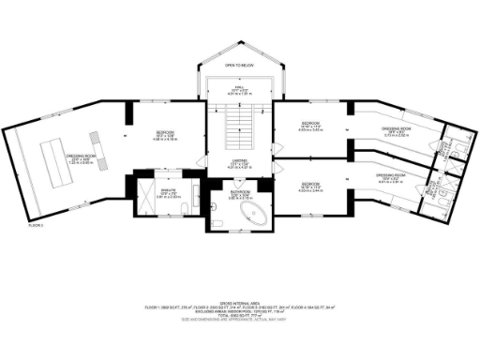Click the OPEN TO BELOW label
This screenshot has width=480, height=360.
[239, 66]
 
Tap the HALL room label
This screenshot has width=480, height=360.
[239, 89]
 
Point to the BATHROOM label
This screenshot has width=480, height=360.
[239, 193]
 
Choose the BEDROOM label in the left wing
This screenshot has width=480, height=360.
[165, 136]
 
